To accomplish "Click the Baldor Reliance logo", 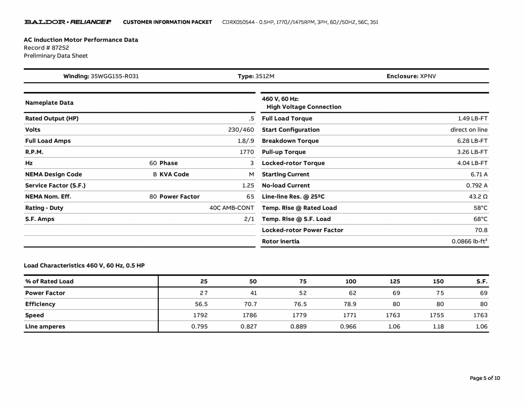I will pyautogui.click(x=68, y=22).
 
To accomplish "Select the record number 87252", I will pyautogui.click(x=60, y=48).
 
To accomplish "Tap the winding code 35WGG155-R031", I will pyautogui.click(x=115, y=76).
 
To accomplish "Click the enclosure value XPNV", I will pyautogui.click(x=428, y=76).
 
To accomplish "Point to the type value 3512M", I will pyautogui.click(x=265, y=76).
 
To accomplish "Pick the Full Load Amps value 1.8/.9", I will pyautogui.click(x=246, y=141).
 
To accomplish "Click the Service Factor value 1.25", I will pyautogui.click(x=248, y=185).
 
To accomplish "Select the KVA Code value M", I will pyautogui.click(x=251, y=174).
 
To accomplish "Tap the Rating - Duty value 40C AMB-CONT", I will pyautogui.click(x=232, y=208).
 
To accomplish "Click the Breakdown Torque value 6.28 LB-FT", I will pyautogui.click(x=472, y=141).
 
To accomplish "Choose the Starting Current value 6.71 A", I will pyautogui.click(x=479, y=174).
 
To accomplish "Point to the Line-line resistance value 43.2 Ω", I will pyautogui.click(x=478, y=197).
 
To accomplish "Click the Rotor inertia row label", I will pyautogui.click(x=280, y=241).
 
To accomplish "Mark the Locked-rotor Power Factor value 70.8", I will pyautogui.click(x=481, y=230).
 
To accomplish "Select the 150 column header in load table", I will pyautogui.click(x=438, y=281).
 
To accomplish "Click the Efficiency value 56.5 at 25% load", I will pyautogui.click(x=201, y=304).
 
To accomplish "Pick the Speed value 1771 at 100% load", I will pyautogui.click(x=350, y=315).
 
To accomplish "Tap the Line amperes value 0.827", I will pyautogui.click(x=248, y=326).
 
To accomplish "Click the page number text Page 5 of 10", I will pyautogui.click(x=485, y=378).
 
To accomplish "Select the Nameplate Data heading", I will pyautogui.click(x=49, y=103).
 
